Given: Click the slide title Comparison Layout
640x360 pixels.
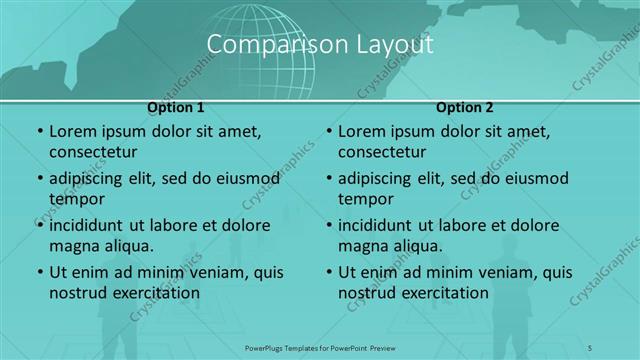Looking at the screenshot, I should (x=320, y=44).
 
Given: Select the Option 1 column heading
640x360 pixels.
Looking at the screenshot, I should (x=176, y=107).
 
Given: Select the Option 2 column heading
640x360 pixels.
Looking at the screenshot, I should (x=465, y=107).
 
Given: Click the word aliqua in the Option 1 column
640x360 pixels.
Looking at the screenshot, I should (x=127, y=246).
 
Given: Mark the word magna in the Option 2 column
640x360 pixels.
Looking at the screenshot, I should (x=360, y=246).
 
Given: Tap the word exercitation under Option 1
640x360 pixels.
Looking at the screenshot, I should (x=156, y=293).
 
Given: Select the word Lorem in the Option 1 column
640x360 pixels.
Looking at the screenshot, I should (x=70, y=131).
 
